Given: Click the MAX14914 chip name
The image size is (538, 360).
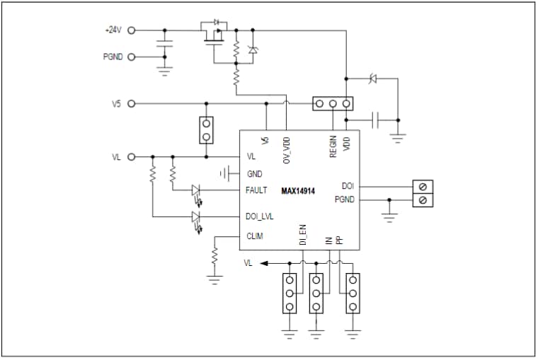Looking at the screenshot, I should point(297,191).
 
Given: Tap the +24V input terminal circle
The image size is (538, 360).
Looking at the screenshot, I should point(130,30).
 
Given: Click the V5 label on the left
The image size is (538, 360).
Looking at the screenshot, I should point(117,103).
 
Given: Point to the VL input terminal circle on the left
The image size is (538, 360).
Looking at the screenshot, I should point(130,157).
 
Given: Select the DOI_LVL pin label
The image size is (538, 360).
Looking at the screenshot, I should point(259,216).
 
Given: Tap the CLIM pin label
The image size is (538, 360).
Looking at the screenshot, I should point(255,236).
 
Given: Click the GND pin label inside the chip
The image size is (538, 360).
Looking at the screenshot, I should point(254,173).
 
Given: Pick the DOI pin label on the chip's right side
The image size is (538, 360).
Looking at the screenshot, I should point(348,186).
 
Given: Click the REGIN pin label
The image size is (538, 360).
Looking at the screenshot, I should point(333,146).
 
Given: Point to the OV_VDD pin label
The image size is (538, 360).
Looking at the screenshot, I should point(287,150).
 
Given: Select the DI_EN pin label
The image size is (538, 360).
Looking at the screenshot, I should point(302,236).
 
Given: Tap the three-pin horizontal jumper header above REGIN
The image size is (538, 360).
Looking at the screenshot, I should point(333,104).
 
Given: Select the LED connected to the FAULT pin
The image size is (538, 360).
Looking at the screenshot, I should point(196,190).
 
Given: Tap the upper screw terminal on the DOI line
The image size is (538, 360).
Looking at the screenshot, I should point(423,187).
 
